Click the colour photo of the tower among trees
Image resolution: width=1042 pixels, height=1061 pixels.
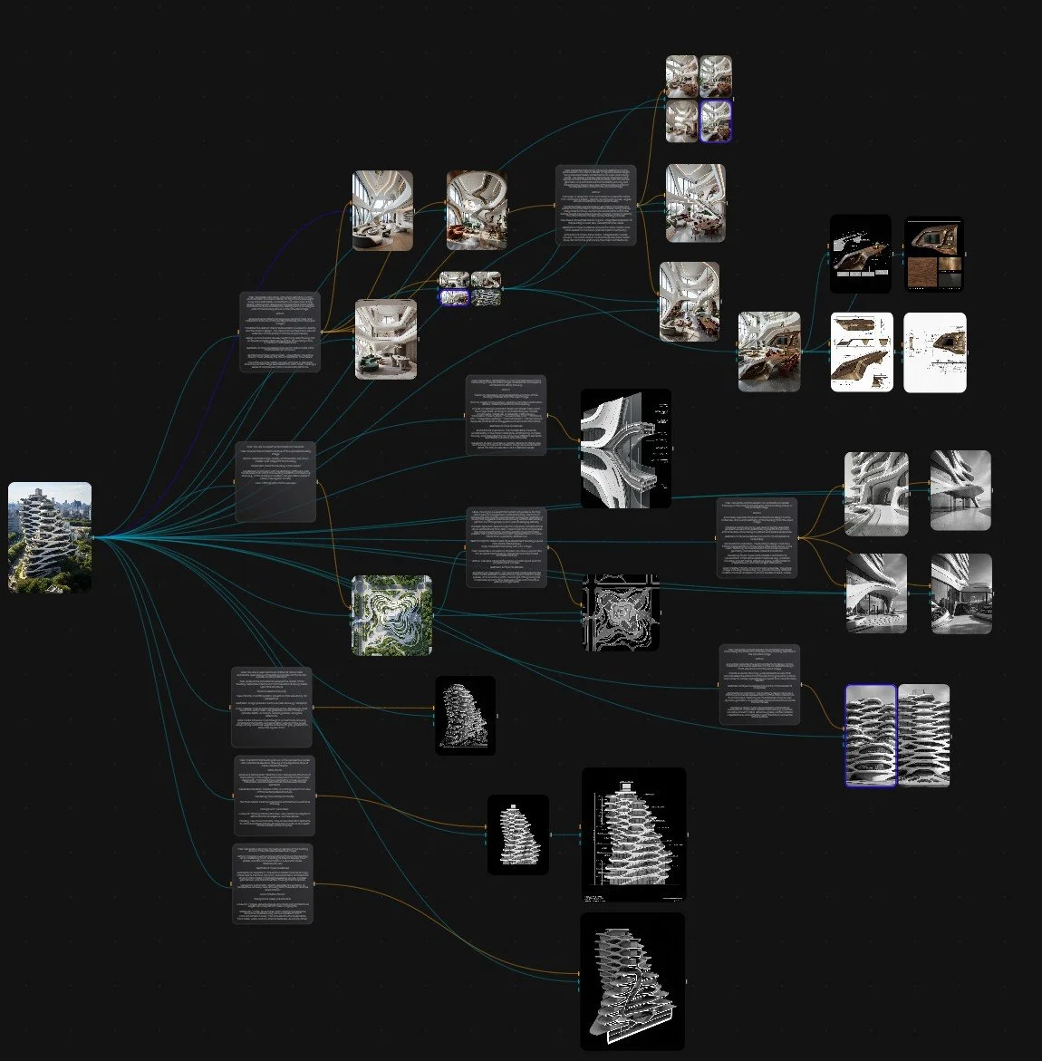coord(50,536)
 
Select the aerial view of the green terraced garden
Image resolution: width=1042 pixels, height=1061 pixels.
coord(391,614)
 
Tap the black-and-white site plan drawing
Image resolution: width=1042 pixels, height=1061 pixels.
coord(620,612)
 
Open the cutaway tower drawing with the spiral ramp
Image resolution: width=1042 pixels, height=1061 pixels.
coord(632,981)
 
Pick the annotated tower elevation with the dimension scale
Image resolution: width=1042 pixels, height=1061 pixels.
coord(633,834)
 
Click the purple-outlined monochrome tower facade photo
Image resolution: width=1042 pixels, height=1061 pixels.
coord(871,735)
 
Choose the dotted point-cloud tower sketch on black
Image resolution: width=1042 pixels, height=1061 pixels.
coord(466,715)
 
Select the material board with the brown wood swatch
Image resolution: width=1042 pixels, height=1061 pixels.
coord(933,255)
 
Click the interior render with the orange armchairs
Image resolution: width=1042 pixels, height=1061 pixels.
coord(476,210)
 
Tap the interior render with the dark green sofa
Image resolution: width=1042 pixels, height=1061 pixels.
coord(385,338)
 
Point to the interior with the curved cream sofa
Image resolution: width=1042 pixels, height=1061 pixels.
coord(382,210)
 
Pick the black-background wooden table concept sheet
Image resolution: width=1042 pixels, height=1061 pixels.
coord(860,254)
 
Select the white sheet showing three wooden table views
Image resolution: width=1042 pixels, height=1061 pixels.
coord(861,352)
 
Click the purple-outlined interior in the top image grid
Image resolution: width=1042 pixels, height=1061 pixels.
coord(716,121)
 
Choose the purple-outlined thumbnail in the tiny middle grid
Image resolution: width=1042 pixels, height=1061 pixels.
coord(454,296)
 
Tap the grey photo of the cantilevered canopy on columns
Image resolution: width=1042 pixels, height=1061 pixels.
coord(960,489)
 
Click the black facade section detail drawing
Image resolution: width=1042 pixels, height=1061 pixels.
coord(625,448)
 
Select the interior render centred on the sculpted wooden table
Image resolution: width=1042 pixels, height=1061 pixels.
coord(768,352)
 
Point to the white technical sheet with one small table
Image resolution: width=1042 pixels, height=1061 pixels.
coord(934,352)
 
